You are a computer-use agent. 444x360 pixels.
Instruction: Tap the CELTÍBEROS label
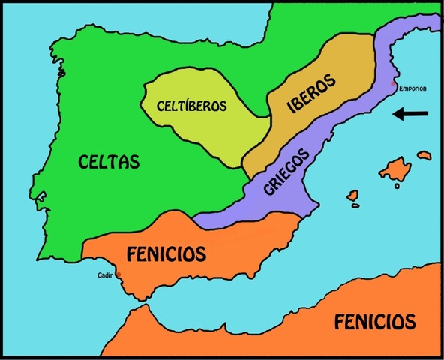point(191,106)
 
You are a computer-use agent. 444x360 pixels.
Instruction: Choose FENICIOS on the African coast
point(374,322)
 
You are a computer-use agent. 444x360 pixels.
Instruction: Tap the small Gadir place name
point(106,274)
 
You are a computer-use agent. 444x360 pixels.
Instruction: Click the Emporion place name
point(412,88)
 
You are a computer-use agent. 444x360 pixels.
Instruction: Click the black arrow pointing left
point(410,114)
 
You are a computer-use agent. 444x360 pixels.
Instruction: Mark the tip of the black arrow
point(395,114)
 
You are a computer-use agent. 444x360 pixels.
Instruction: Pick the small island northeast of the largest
point(424,155)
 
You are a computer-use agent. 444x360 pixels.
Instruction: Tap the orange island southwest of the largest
point(353,196)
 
